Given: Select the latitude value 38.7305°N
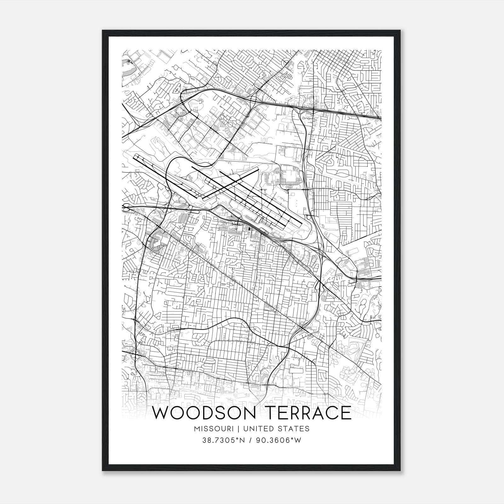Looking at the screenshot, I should pos(223,440).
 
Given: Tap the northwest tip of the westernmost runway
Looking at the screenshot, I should pos(135,155).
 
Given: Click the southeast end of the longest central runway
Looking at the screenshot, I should pos(301,224).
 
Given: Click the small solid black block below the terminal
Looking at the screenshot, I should pos(249,229).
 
